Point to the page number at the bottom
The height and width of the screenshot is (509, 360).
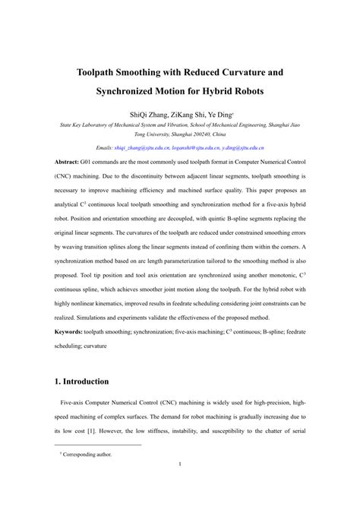pyautogui.click(x=180, y=486)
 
